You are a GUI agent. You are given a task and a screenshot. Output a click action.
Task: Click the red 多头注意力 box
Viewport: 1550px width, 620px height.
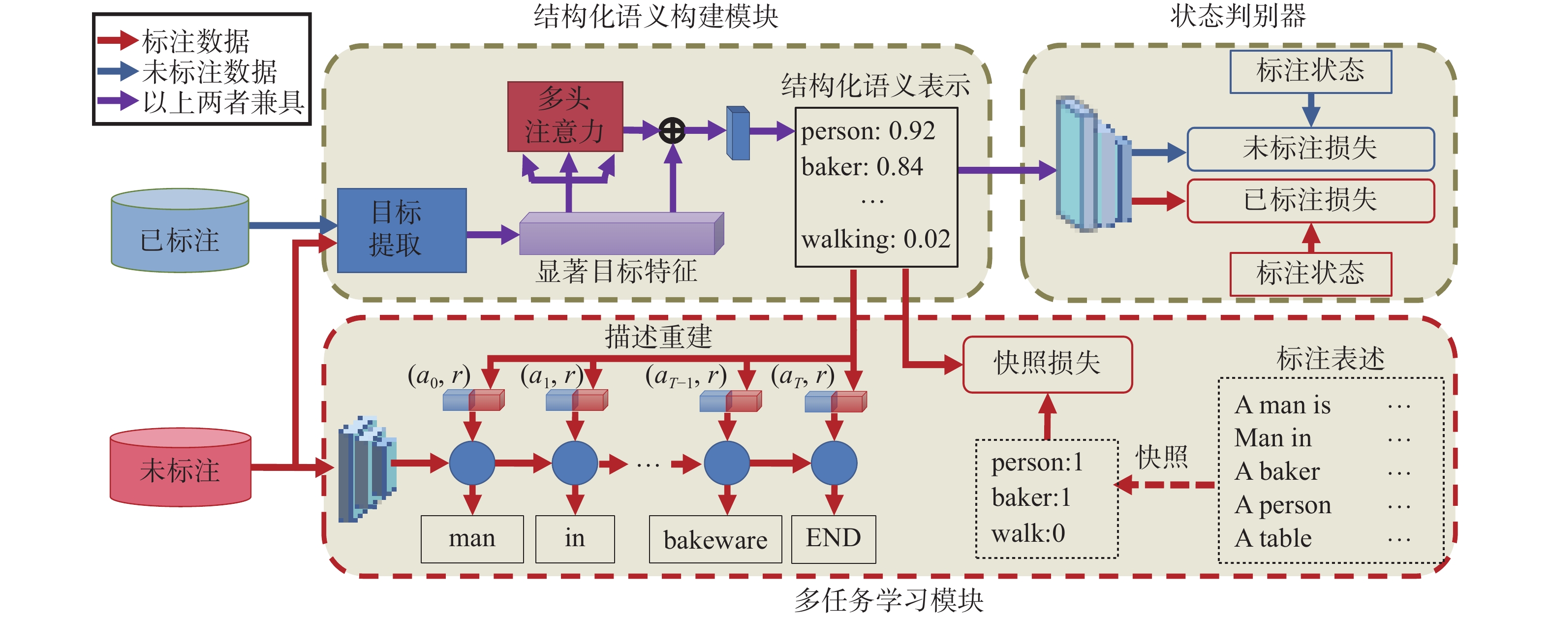pyautogui.click(x=565, y=116)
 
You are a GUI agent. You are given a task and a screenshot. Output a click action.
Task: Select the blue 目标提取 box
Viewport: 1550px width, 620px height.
pyautogui.click(x=402, y=230)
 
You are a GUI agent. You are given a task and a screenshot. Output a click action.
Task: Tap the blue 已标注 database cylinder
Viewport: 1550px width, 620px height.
pyautogui.click(x=180, y=230)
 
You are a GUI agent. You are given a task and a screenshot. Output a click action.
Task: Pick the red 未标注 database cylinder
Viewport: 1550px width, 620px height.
pyautogui.click(x=181, y=467)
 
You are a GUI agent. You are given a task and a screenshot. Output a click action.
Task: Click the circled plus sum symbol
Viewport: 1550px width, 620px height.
pyautogui.click(x=672, y=130)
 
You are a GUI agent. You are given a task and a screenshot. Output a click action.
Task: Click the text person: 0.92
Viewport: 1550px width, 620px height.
pyautogui.click(x=868, y=130)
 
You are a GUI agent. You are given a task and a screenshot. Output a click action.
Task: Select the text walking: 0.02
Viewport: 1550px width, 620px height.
pyautogui.click(x=875, y=239)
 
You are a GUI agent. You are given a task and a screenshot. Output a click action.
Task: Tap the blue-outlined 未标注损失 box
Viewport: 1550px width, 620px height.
pyautogui.click(x=1310, y=149)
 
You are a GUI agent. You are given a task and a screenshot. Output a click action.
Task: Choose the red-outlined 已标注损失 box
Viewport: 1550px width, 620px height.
pyautogui.click(x=1310, y=200)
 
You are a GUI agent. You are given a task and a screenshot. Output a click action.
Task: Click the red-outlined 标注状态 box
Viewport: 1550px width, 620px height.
pyautogui.click(x=1310, y=274)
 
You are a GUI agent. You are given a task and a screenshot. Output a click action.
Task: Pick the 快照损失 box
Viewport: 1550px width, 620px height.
pyautogui.click(x=1048, y=364)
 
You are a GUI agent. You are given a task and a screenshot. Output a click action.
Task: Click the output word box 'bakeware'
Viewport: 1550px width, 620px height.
pyautogui.click(x=715, y=539)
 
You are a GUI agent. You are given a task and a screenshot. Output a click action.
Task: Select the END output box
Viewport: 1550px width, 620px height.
pyautogui.click(x=834, y=539)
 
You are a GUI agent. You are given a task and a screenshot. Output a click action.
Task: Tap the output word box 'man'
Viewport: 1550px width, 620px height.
pyautogui.click(x=472, y=539)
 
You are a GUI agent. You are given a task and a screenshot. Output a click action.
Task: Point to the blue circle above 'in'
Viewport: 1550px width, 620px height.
pyautogui.click(x=575, y=463)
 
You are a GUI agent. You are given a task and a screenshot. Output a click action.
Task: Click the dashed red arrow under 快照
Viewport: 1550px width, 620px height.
pyautogui.click(x=1164, y=485)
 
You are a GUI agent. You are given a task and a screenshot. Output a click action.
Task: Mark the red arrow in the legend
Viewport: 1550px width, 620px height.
pyautogui.click(x=118, y=40)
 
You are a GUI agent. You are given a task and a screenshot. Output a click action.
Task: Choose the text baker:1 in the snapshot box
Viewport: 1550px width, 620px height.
pyautogui.click(x=1031, y=498)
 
